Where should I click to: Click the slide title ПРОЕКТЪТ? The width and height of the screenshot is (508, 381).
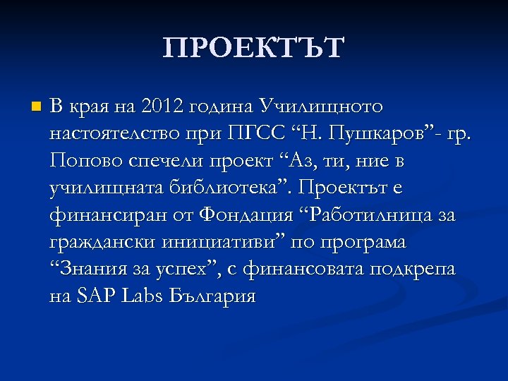click(x=254, y=49)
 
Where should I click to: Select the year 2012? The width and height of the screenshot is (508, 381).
click(x=162, y=107)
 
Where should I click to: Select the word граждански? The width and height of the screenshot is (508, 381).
click(x=98, y=242)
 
